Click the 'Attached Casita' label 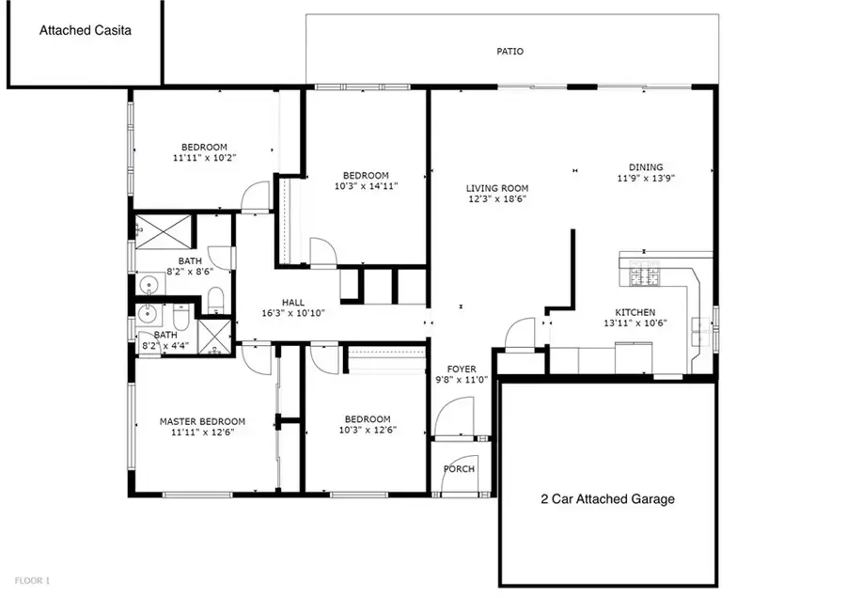point(85,30)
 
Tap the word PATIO point(510,52)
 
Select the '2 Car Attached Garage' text point(606,499)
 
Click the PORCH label point(459,469)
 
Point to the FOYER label point(461,369)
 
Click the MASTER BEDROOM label point(202,421)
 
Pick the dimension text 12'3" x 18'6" point(497,199)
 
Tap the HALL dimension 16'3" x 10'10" point(291,313)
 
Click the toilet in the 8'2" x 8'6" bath point(214,299)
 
